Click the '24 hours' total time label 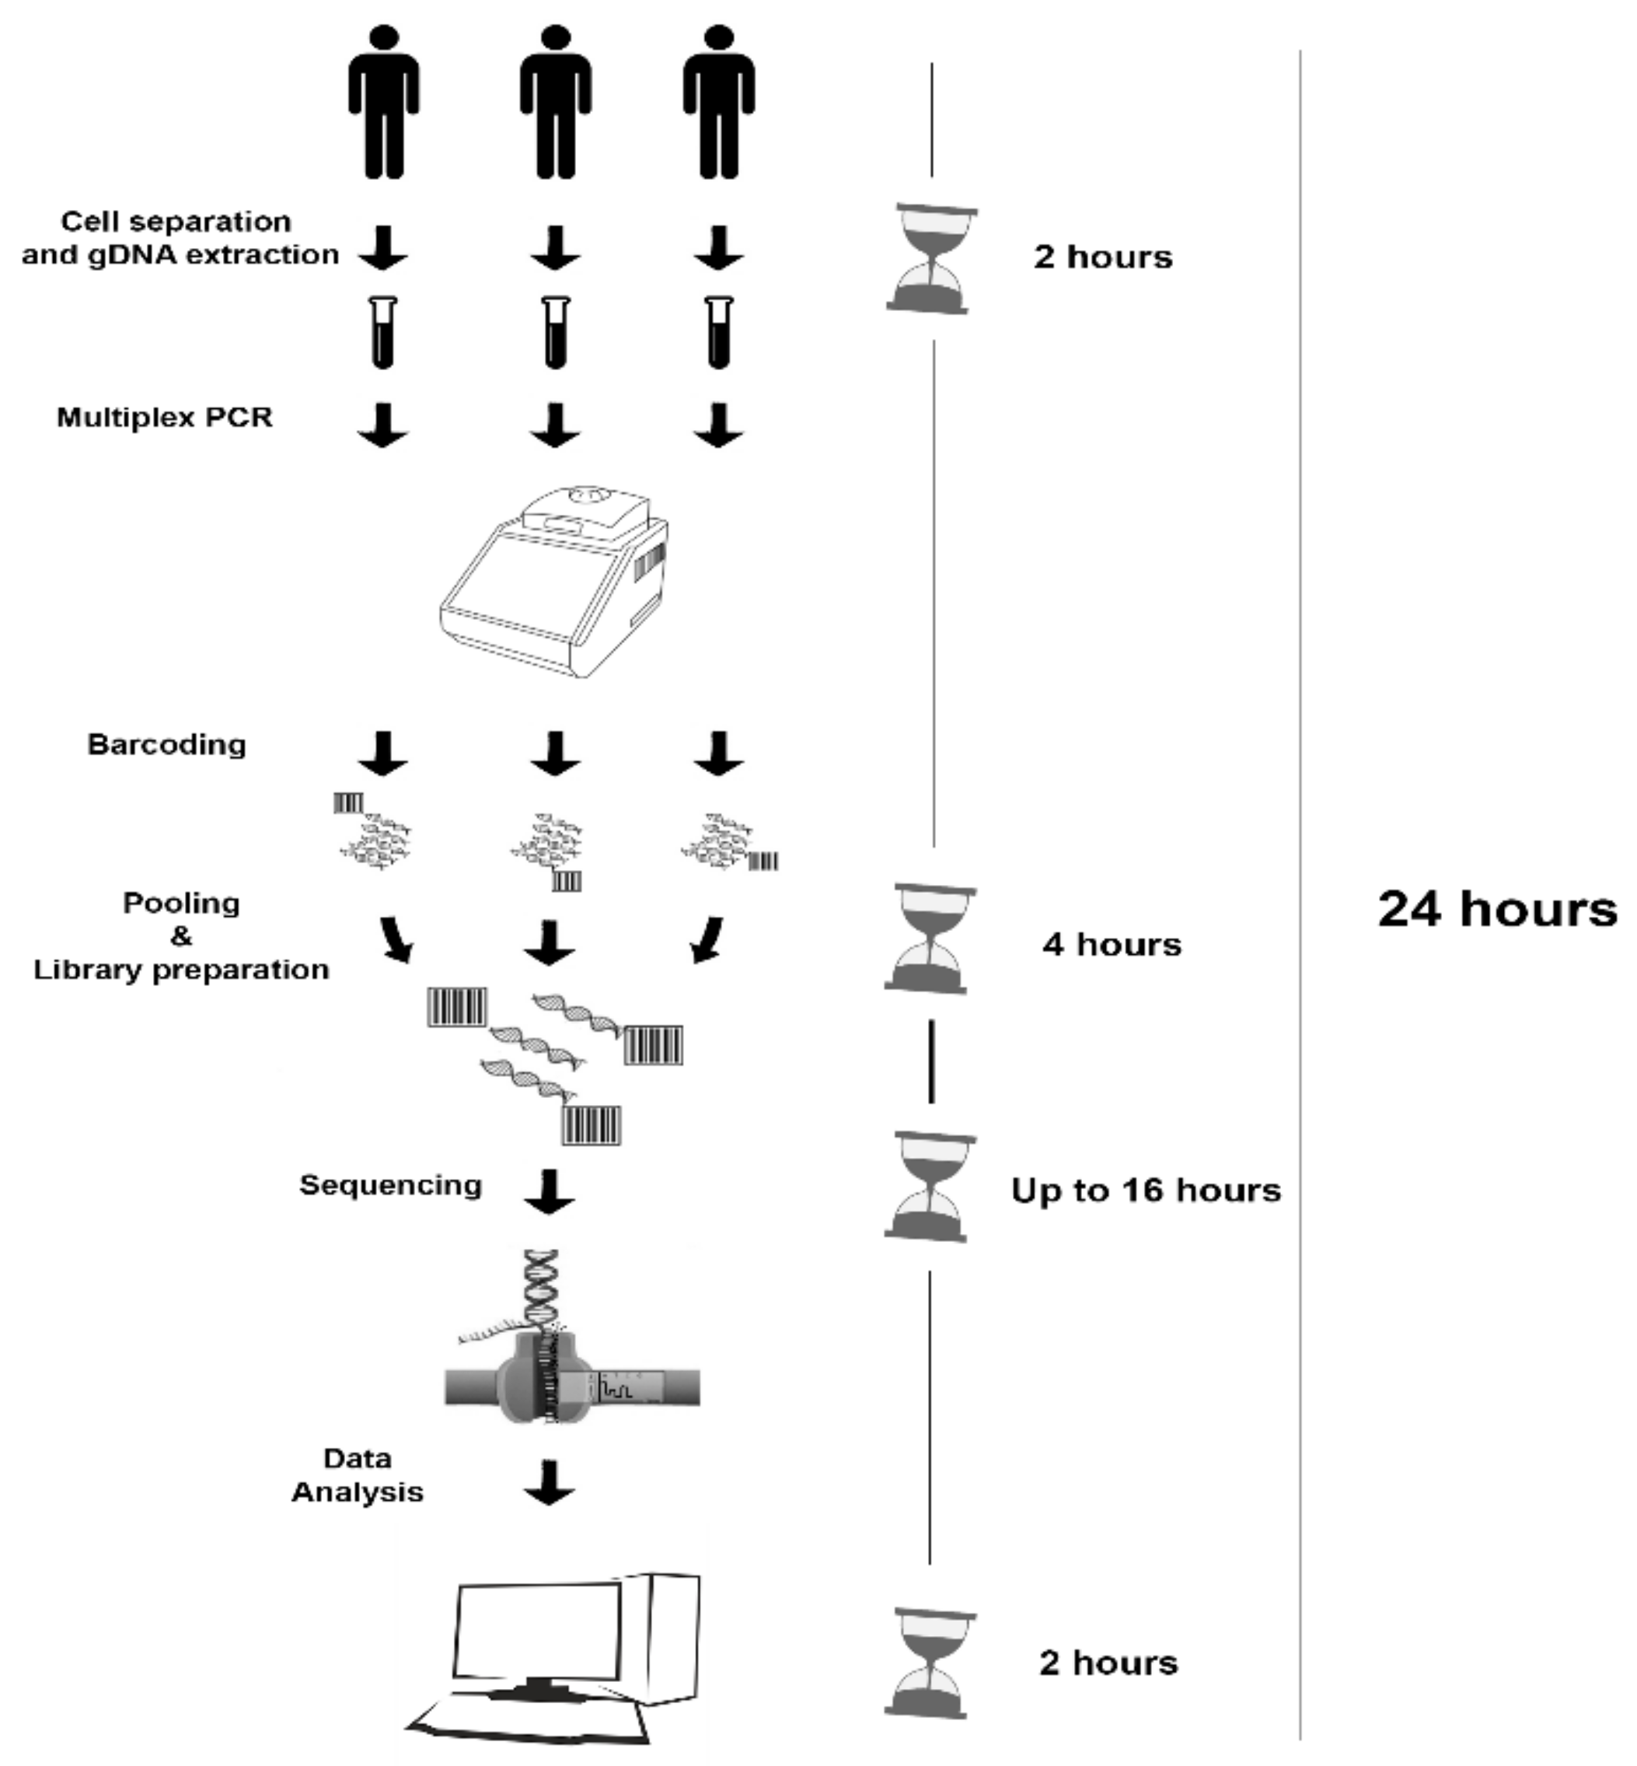pos(1496,909)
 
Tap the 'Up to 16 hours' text pos(1146,1190)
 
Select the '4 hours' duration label pos(1111,945)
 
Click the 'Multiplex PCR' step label pos(165,418)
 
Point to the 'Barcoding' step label pos(166,744)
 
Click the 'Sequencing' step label pos(391,1184)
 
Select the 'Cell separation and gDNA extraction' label pos(180,237)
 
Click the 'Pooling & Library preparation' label pos(182,935)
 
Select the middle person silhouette pos(556,102)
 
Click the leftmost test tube pos(383,332)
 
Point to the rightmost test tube pos(718,332)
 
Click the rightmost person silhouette pos(718,102)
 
